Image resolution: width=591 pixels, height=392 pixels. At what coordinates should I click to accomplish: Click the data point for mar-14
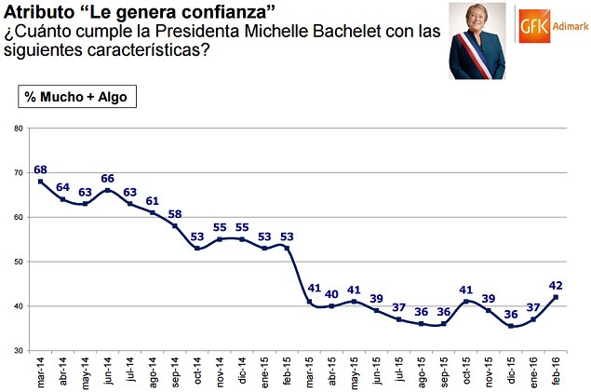(x=40, y=181)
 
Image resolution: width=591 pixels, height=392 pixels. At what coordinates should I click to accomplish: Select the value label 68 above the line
(x=40, y=169)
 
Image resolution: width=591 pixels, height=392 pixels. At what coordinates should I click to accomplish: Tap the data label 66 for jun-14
(x=108, y=179)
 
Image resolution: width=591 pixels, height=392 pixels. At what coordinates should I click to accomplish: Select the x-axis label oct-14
(x=198, y=370)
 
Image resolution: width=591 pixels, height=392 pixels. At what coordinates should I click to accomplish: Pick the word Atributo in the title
(x=35, y=11)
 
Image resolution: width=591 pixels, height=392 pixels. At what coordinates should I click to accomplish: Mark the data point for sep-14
(x=176, y=225)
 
